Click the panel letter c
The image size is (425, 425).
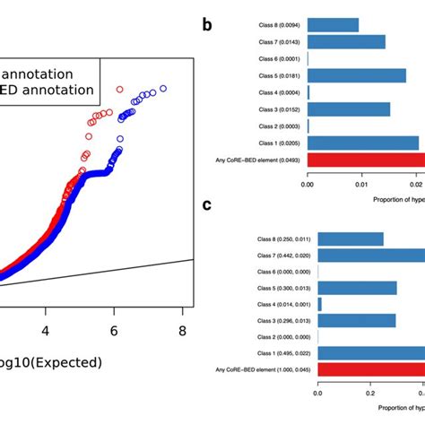(207, 204)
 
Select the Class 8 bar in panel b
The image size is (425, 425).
(333, 25)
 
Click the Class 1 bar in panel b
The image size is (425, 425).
(362, 143)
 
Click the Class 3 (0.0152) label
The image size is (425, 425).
(277, 109)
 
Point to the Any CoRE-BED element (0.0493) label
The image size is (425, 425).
(265, 160)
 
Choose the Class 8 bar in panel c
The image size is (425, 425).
(351, 239)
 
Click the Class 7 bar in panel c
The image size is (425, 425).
(371, 256)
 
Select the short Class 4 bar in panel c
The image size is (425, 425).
(320, 305)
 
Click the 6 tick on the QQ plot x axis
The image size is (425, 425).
(115, 332)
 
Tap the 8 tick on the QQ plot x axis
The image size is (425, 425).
(181, 332)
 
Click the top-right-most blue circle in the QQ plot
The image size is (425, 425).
(162, 89)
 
